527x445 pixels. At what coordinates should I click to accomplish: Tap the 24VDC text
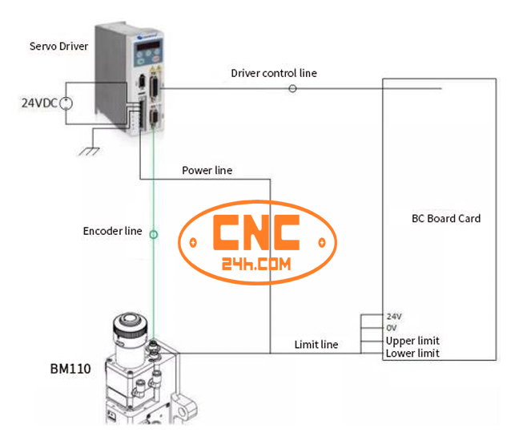pos(39,102)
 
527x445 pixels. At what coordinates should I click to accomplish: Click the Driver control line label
pos(273,73)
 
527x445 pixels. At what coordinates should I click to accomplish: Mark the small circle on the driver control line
pos(292,88)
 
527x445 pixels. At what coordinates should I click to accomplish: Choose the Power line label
pos(207,170)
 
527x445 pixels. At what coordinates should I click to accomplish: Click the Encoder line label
pos(112,231)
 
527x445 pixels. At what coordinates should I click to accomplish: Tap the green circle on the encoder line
pos(154,235)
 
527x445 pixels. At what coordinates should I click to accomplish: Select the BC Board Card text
pos(446,218)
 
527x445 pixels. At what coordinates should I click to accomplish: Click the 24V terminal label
pos(394,316)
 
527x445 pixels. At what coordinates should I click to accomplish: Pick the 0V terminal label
pos(392,328)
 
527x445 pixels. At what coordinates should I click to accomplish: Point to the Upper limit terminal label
pos(412,341)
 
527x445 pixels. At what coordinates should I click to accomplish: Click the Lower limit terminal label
pos(412,353)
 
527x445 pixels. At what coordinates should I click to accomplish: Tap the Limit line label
pos(316,345)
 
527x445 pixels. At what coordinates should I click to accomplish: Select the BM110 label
pos(70,370)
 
